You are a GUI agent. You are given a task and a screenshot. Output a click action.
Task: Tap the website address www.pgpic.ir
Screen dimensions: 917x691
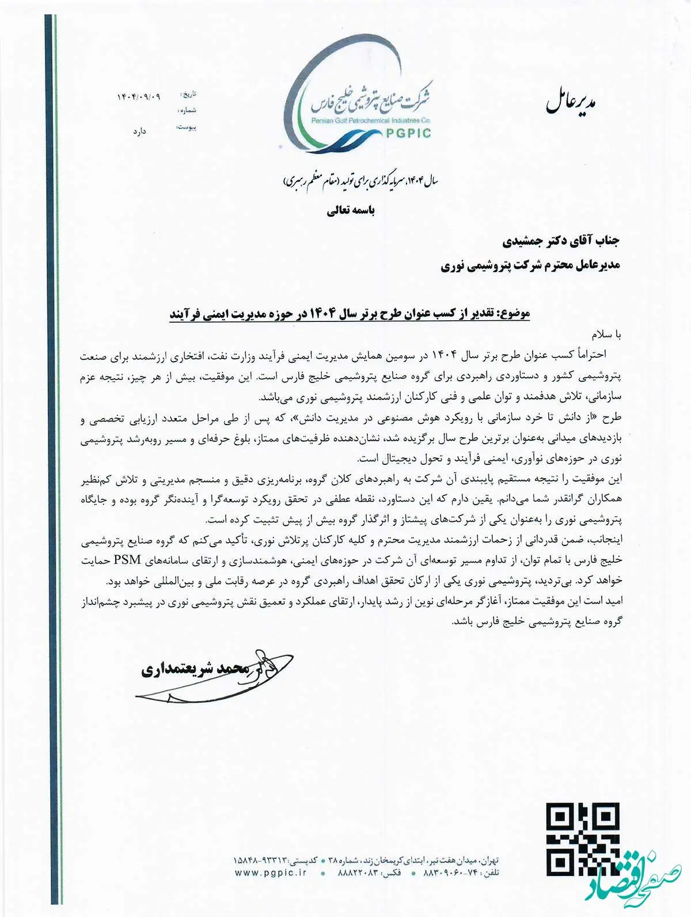pyautogui.click(x=271, y=889)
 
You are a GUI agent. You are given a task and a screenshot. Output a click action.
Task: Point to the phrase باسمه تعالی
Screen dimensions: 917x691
pyautogui.click(x=351, y=211)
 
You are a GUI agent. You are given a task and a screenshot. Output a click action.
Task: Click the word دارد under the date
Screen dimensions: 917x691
pyautogui.click(x=139, y=131)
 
